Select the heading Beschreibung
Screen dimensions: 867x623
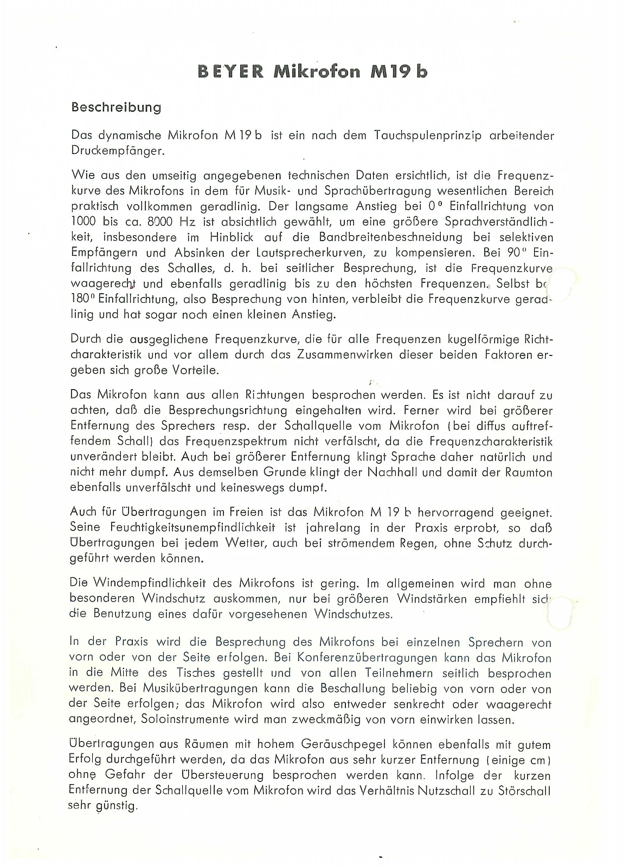point(116,107)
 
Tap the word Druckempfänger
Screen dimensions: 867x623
point(117,151)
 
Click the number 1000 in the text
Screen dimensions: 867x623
point(84,222)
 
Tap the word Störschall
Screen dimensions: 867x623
point(523,791)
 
